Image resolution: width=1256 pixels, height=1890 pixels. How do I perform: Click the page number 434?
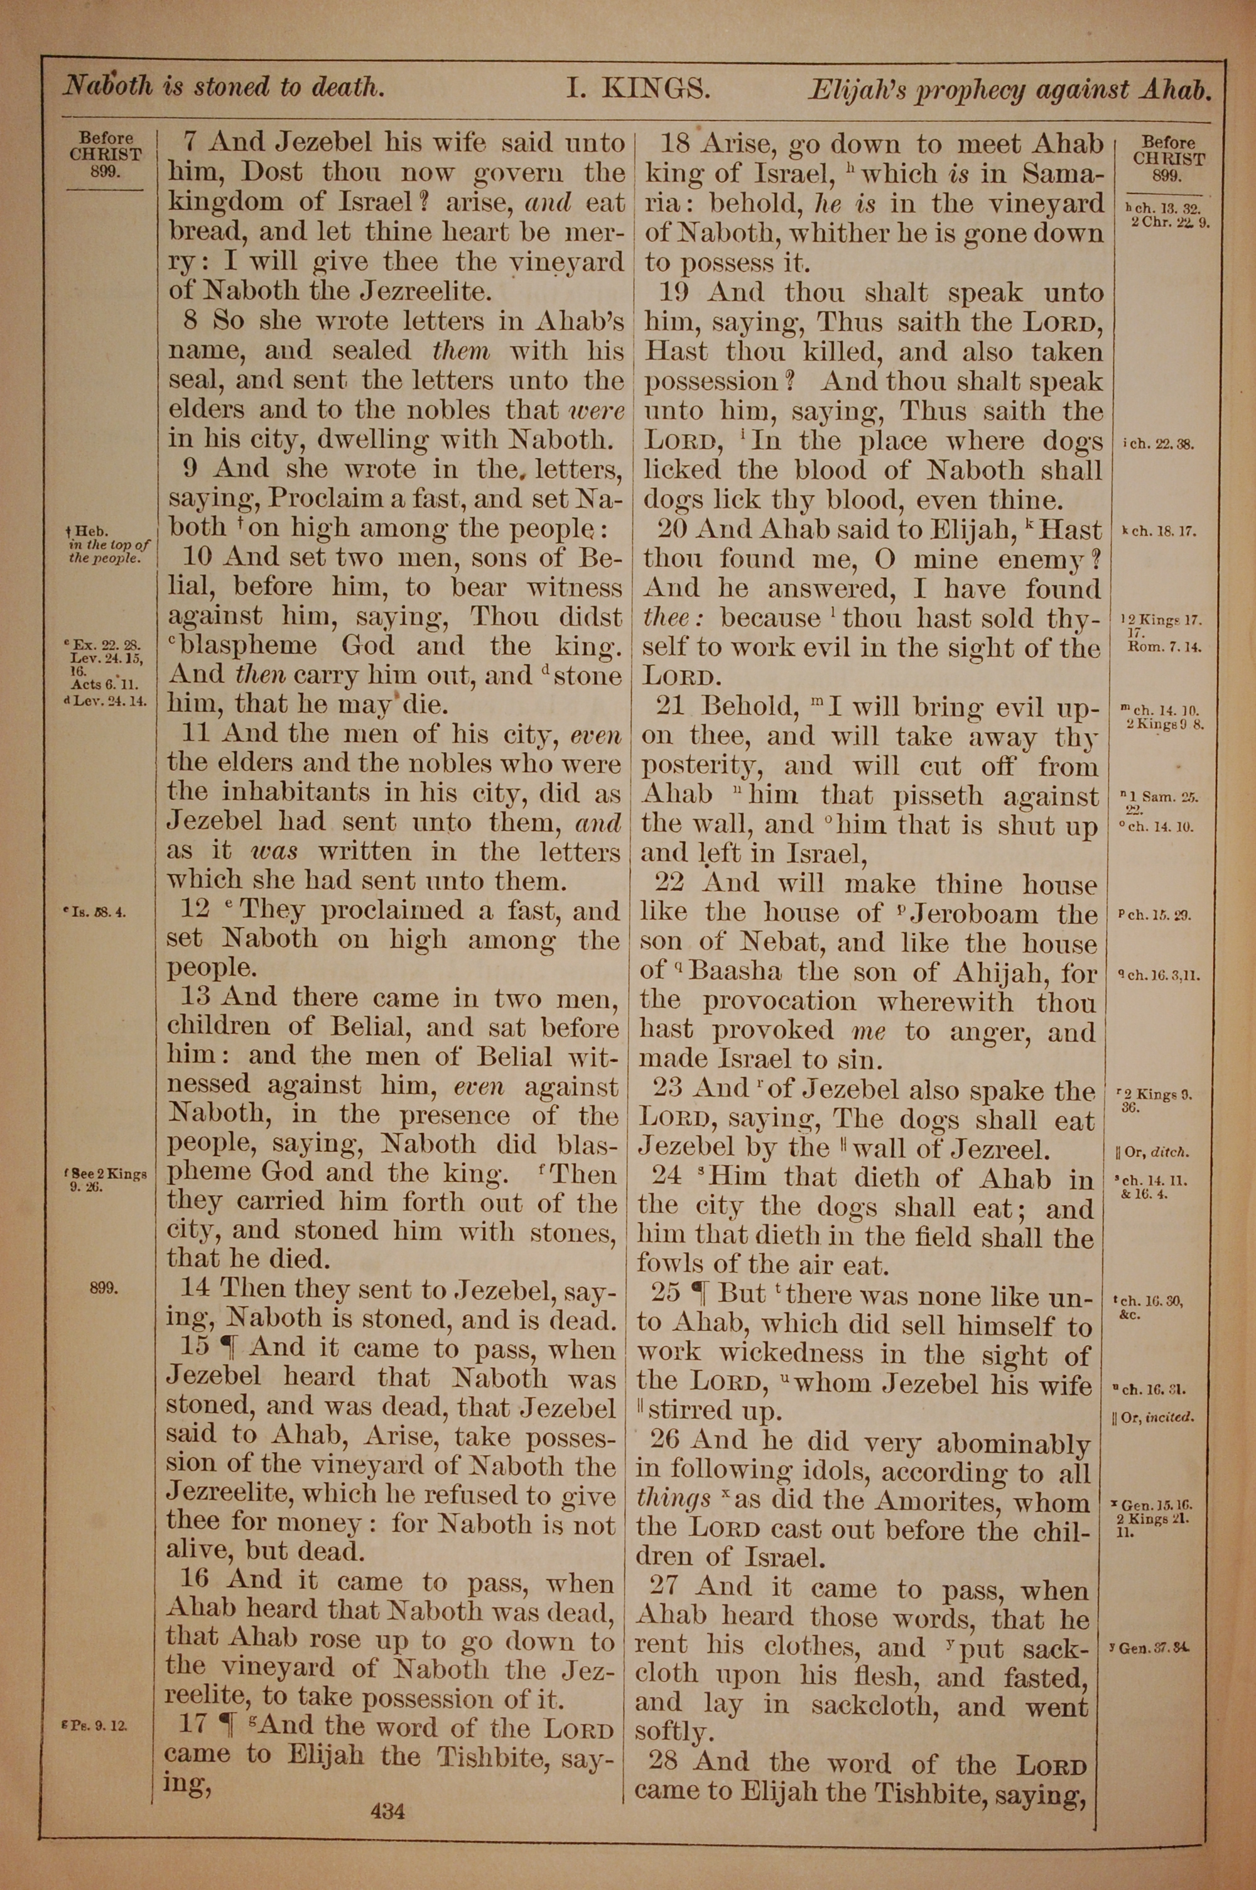[387, 1788]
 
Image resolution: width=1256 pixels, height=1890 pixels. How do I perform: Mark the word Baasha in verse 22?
[735, 972]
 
